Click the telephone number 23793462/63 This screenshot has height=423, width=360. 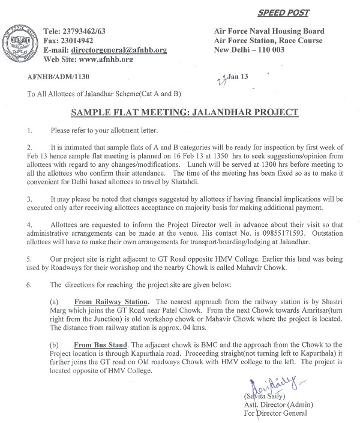tap(91, 31)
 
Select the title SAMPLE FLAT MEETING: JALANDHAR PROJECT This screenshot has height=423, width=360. tap(181, 113)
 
